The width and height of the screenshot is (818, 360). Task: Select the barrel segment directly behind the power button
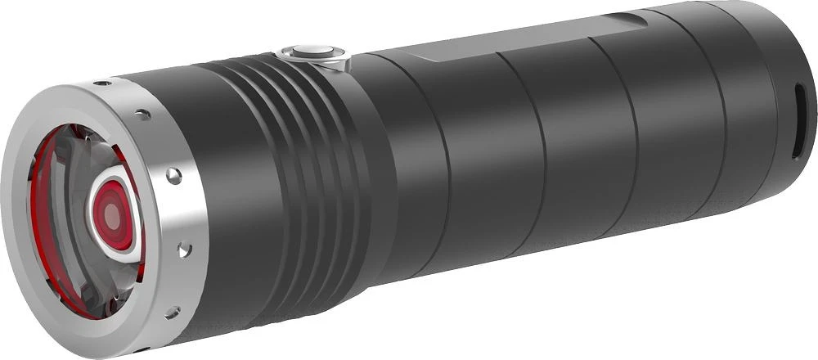coord(409,164)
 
